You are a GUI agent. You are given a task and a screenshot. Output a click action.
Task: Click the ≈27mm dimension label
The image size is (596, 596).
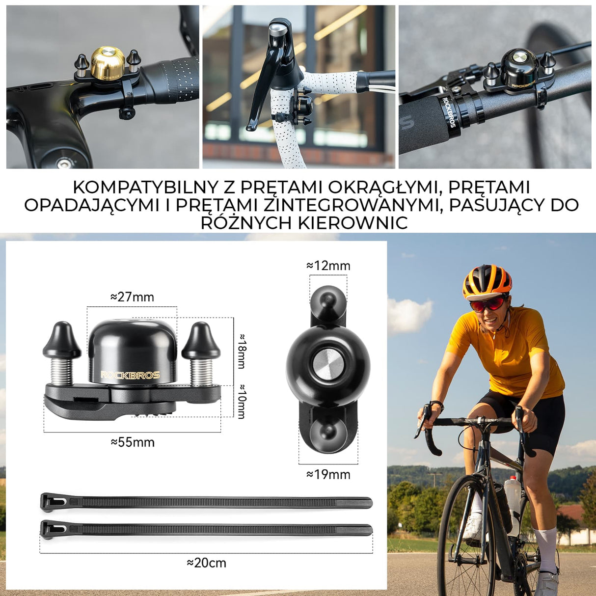pyautogui.click(x=132, y=297)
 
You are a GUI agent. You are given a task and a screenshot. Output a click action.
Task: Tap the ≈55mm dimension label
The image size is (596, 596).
pyautogui.click(x=133, y=442)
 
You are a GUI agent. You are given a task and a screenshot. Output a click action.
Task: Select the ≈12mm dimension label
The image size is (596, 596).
pyautogui.click(x=328, y=266)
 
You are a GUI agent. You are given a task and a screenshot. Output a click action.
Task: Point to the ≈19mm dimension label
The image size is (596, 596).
pyautogui.click(x=328, y=475)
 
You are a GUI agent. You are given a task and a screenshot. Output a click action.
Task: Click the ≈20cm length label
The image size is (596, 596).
pyautogui.click(x=206, y=563)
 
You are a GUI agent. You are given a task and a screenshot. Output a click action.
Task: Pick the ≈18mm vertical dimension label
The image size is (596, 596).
pyautogui.click(x=242, y=351)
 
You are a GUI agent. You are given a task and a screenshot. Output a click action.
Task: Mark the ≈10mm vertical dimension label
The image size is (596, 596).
pyautogui.click(x=242, y=402)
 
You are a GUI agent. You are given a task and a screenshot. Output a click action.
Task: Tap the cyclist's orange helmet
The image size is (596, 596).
pyautogui.click(x=487, y=280)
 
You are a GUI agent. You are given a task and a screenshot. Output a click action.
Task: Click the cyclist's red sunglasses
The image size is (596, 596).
pyautogui.click(x=488, y=304)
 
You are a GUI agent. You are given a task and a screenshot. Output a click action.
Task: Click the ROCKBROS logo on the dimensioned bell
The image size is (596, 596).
pyautogui.click(x=130, y=375)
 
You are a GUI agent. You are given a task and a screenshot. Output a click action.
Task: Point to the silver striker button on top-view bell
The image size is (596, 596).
pyautogui.click(x=327, y=367)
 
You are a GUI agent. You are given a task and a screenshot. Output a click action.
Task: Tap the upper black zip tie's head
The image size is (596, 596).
pyautogui.click(x=51, y=502)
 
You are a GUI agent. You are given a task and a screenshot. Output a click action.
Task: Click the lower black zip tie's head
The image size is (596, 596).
pyautogui.click(x=51, y=529)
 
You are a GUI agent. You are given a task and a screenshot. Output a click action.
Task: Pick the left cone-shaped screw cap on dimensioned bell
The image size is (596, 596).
pyautogui.click(x=62, y=340)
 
